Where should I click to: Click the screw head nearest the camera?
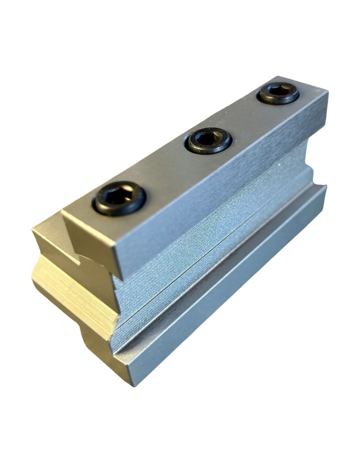pos(118,199)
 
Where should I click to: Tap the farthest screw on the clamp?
pos(278,93)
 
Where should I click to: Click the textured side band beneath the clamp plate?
pos(216,247)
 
